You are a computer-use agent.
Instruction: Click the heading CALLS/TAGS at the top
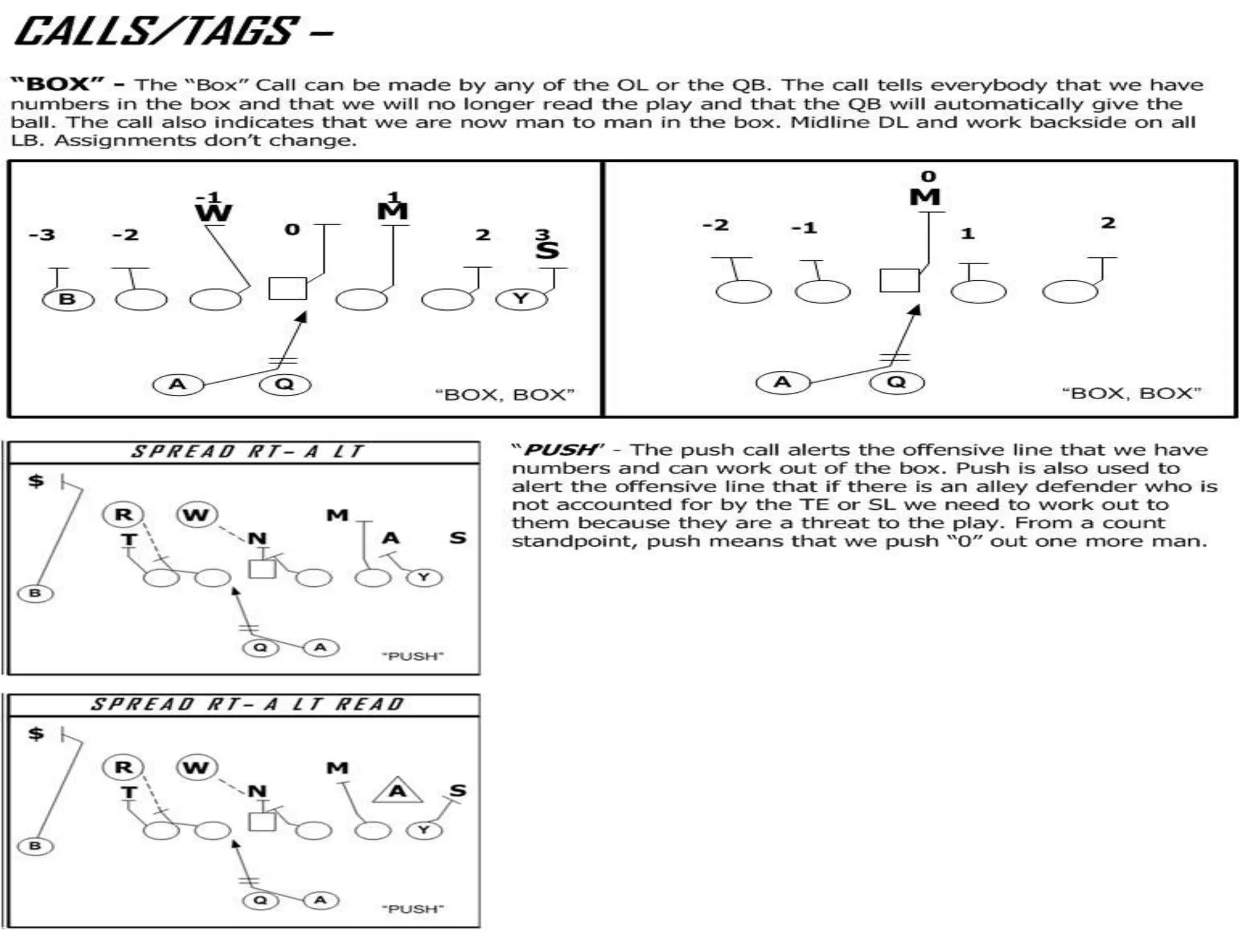[156, 31]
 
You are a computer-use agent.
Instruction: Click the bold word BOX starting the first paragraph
[57, 84]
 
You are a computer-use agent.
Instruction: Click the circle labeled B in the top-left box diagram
[68, 299]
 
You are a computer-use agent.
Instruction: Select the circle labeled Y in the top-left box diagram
[521, 298]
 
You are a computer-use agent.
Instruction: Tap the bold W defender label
[213, 213]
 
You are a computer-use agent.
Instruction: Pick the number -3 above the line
[42, 234]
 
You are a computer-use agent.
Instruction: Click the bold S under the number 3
[547, 250]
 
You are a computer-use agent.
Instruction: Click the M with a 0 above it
[925, 197]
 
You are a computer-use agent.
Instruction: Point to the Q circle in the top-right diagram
[897, 382]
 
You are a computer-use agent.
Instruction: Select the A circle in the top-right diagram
[782, 382]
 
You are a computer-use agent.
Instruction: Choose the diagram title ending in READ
[247, 704]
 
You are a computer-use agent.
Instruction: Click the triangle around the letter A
[397, 791]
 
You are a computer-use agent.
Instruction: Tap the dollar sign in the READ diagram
[36, 733]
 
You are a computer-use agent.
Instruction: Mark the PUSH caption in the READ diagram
[412, 909]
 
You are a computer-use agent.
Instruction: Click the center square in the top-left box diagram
[288, 289]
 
